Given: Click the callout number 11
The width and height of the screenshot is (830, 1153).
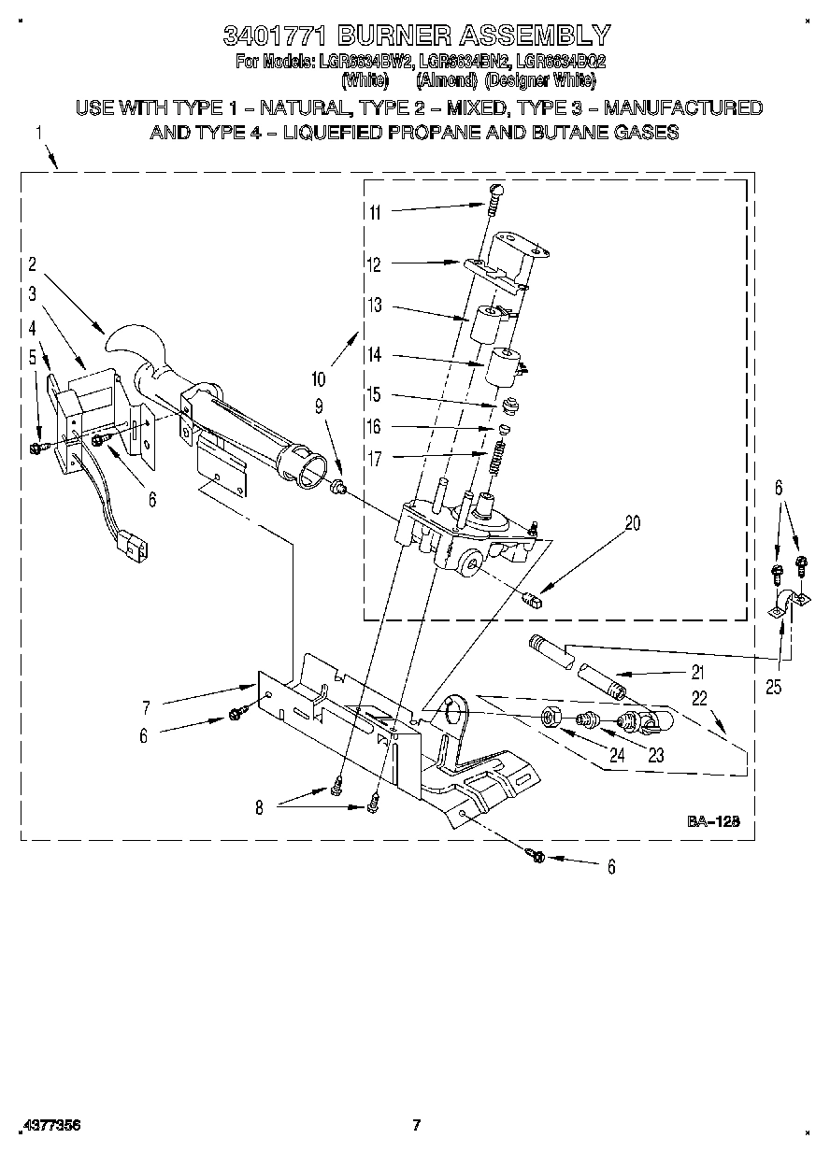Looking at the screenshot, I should pyautogui.click(x=375, y=212).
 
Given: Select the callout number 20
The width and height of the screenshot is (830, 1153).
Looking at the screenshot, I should pyautogui.click(x=633, y=523).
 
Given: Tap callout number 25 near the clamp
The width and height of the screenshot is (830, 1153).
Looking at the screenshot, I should pyautogui.click(x=772, y=687).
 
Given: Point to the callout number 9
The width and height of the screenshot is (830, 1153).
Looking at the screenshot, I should pyautogui.click(x=319, y=406).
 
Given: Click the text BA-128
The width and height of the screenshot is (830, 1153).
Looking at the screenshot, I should pyautogui.click(x=714, y=821).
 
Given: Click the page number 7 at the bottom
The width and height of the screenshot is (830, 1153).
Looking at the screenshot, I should pyautogui.click(x=418, y=1124).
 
